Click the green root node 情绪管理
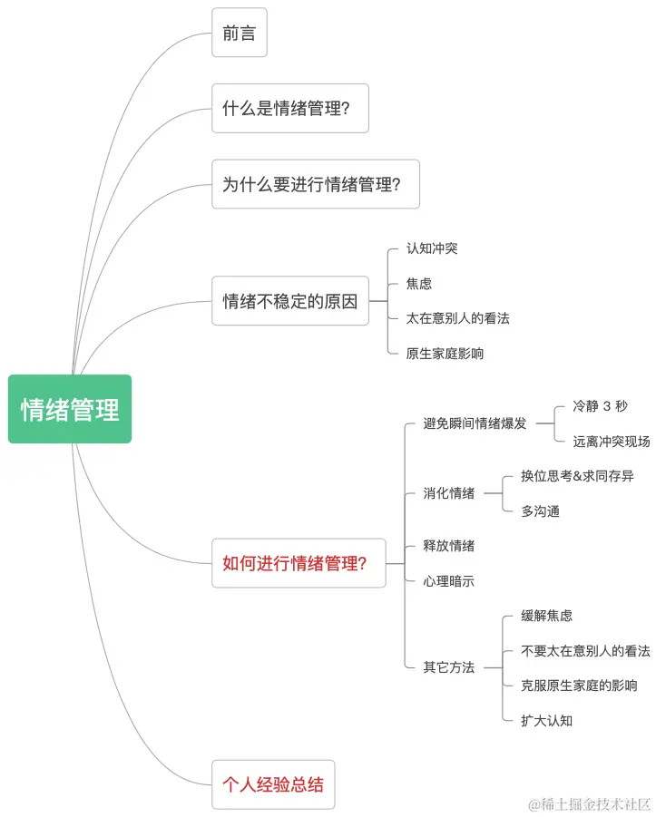70,409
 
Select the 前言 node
240,33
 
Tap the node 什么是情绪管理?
290,108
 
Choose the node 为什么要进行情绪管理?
316,184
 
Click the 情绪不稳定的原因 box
290,301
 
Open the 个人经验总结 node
273,784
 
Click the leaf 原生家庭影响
445,354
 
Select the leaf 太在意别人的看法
458,318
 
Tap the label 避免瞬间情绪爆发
475,423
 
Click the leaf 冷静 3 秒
600,406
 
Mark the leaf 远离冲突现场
611,442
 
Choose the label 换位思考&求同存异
577,476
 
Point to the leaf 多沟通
540,511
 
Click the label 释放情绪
448,546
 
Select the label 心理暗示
448,581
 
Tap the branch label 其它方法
448,667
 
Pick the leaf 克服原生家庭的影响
579,686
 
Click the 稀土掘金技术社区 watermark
590,804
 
